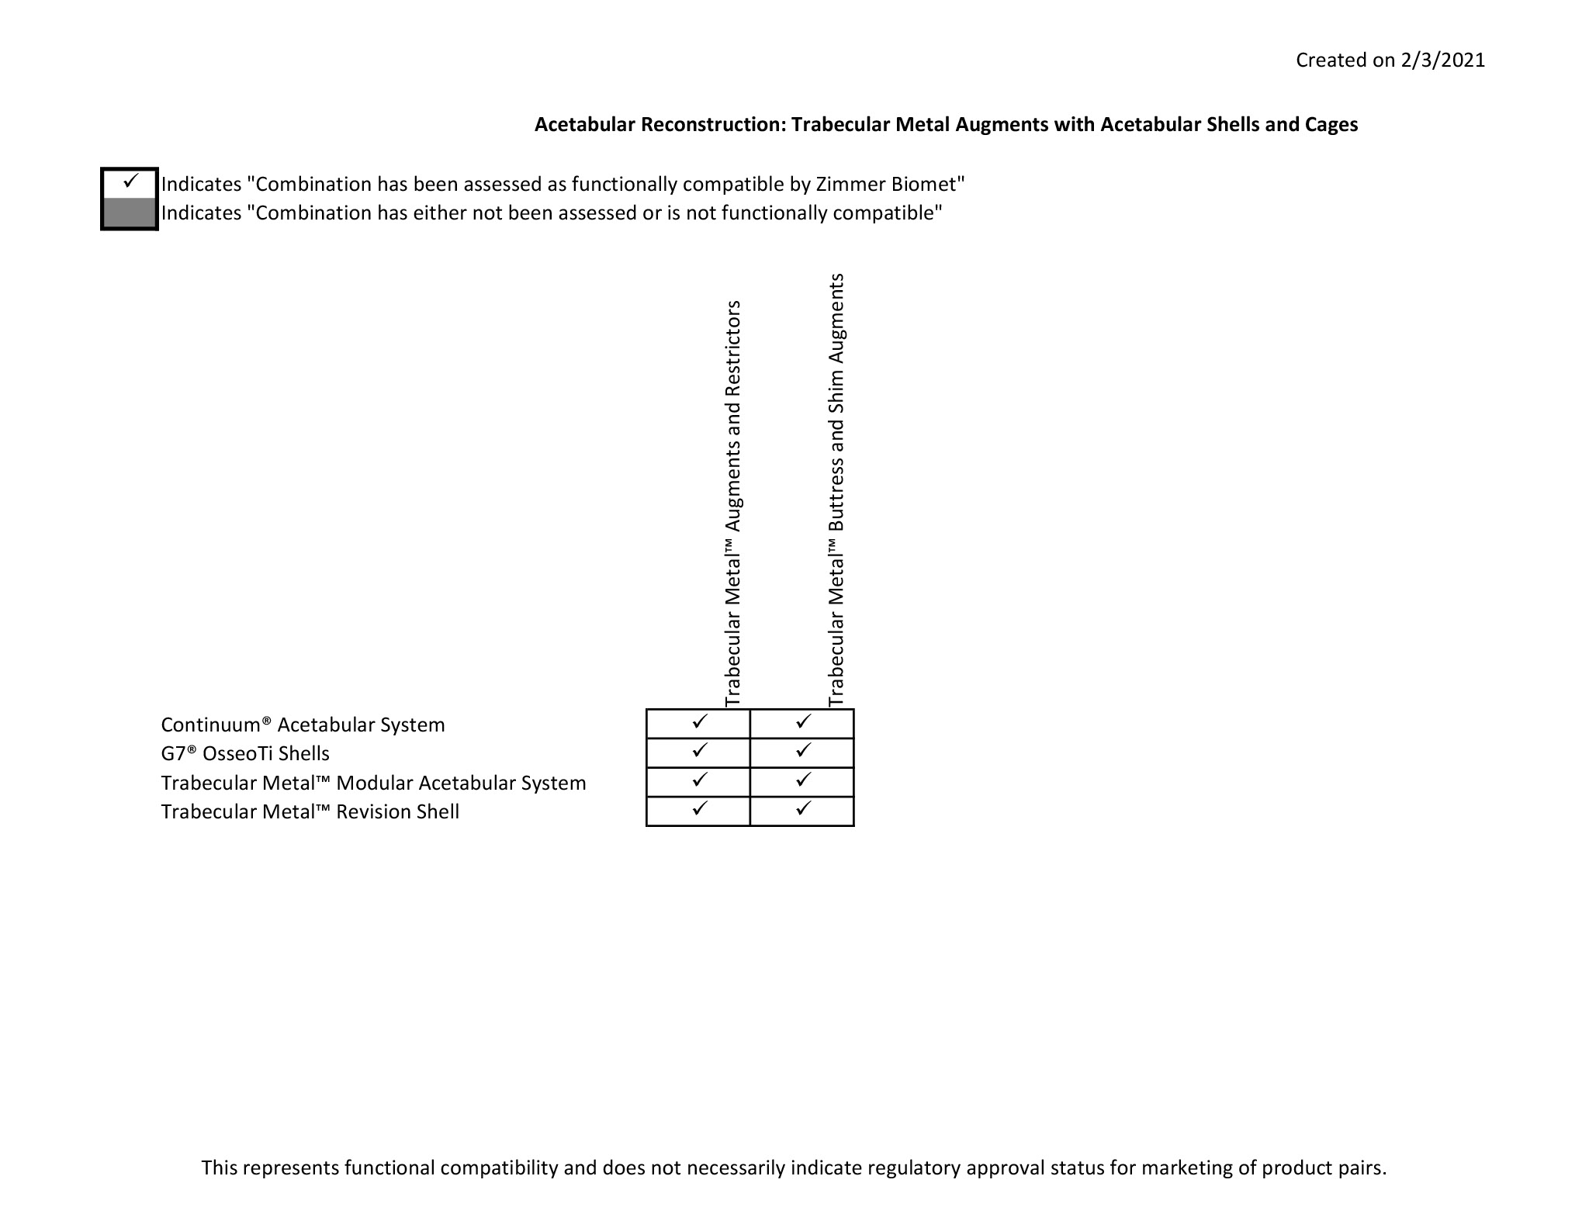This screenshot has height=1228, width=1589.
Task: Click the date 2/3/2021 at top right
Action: pos(1442,61)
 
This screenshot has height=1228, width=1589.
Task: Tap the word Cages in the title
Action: pos(1331,125)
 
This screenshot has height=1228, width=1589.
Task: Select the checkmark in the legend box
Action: pos(130,182)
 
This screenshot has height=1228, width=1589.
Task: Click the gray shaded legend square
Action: pos(130,213)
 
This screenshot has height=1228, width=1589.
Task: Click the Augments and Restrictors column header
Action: pos(733,504)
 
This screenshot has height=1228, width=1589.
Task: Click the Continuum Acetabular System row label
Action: pos(303,725)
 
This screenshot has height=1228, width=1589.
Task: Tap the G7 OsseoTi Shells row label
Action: pos(245,754)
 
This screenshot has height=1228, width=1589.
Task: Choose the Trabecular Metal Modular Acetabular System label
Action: pos(373,783)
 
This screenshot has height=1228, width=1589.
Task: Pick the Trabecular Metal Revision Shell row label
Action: pos(310,812)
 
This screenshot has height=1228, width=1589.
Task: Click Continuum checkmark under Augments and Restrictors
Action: pos(699,722)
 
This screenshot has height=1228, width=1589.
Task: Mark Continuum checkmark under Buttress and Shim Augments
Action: pos(803,722)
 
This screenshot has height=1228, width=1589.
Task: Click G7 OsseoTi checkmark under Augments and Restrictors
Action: pos(699,751)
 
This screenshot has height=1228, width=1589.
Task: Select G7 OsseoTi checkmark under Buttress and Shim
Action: pos(803,751)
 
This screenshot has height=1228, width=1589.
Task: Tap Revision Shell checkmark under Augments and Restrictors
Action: pos(699,809)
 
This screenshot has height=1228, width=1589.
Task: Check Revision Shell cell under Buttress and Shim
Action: pos(803,809)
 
